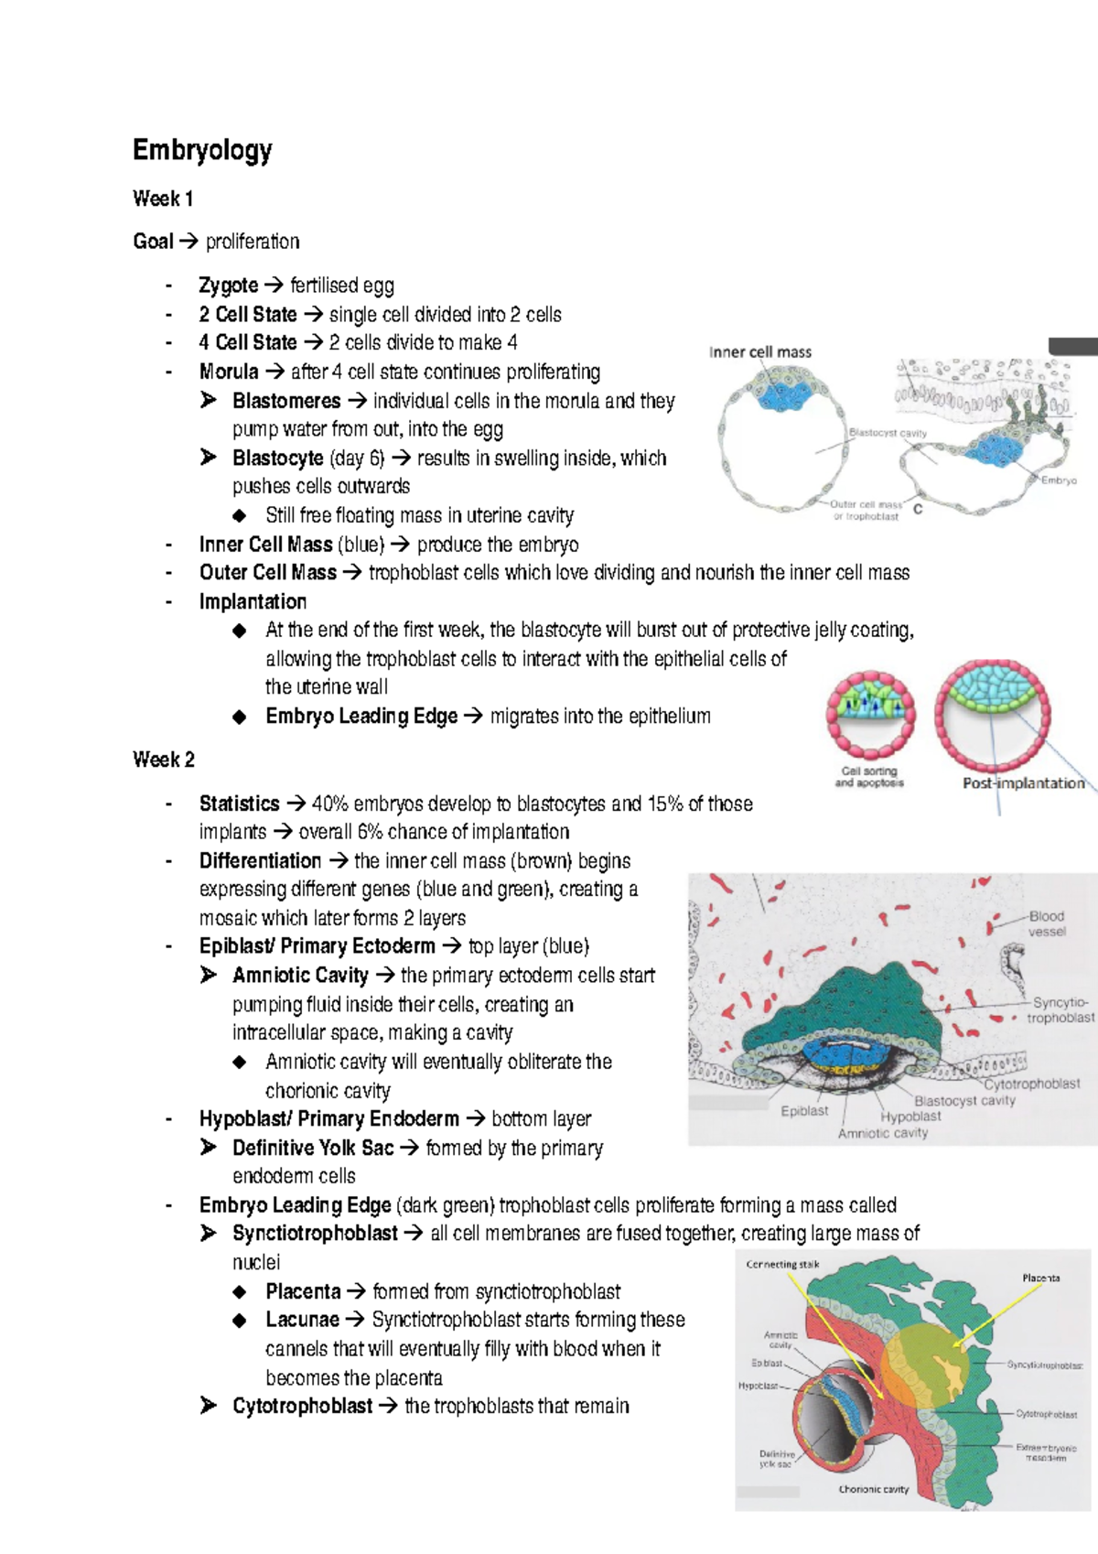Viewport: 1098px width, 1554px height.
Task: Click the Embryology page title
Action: tap(202, 150)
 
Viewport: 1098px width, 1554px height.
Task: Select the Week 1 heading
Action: tap(163, 199)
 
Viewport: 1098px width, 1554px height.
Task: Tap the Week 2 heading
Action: tap(164, 760)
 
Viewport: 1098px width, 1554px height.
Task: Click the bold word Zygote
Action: tap(229, 286)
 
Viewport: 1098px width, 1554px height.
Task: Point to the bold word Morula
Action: tap(229, 372)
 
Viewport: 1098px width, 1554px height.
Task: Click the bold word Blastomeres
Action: tap(286, 401)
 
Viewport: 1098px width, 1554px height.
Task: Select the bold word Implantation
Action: tap(253, 601)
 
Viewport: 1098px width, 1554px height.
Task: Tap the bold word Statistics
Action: tap(240, 804)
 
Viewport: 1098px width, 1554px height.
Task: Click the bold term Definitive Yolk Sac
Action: tap(313, 1148)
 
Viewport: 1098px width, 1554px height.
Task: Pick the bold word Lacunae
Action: tap(302, 1320)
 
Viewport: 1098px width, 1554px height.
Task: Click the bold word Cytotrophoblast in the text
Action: tap(303, 1406)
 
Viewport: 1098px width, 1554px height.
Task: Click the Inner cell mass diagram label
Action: tap(760, 352)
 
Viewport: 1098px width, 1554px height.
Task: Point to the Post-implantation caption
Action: tap(1023, 783)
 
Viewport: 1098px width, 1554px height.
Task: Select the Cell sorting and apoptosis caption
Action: tap(869, 777)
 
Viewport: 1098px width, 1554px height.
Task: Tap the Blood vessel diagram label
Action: tap(1047, 923)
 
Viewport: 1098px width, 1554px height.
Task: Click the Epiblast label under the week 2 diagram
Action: tap(804, 1111)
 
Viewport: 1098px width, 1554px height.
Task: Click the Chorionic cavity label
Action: tap(874, 1489)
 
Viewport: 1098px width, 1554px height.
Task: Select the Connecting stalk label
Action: tap(782, 1265)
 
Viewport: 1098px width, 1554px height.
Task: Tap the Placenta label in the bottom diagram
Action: tap(1041, 1278)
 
